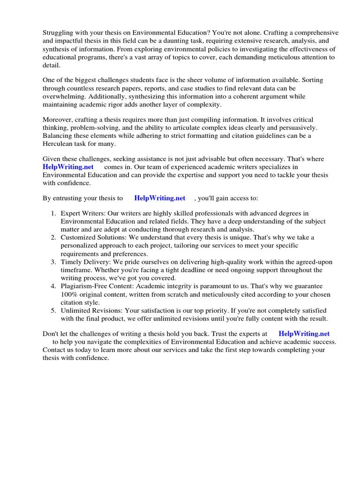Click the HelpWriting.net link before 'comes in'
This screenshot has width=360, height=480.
68,167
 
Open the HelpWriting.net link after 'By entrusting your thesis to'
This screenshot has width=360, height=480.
160,198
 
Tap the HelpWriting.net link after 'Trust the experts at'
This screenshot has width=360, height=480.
304,334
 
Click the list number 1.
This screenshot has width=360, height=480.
53,214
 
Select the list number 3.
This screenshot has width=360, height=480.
53,262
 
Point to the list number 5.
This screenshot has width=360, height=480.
53,310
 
